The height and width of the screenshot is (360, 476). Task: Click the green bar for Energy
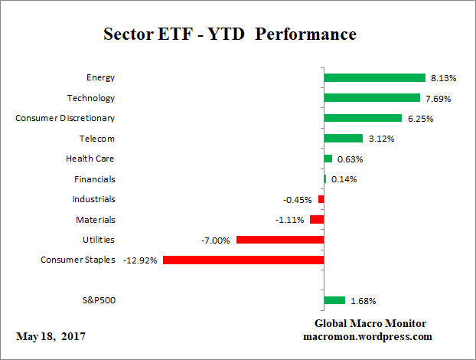(x=374, y=77)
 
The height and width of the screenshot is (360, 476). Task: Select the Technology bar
(x=372, y=98)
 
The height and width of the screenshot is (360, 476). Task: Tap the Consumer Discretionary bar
(x=363, y=118)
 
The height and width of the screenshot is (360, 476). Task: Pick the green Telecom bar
(x=343, y=139)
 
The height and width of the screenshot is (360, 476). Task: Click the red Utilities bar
(x=280, y=240)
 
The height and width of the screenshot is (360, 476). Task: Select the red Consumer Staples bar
(x=243, y=260)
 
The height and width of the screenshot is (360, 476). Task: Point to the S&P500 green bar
(x=334, y=300)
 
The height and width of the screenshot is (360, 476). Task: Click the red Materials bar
(x=317, y=220)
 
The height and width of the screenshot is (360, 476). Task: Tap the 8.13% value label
(x=444, y=78)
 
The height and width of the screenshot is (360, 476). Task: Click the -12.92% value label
(x=140, y=260)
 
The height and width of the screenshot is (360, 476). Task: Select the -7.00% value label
(x=215, y=241)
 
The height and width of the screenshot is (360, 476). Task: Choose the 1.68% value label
(x=363, y=301)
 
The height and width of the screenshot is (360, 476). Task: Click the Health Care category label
(x=91, y=159)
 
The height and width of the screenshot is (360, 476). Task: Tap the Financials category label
(x=95, y=179)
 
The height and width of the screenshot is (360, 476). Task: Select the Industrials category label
(x=94, y=199)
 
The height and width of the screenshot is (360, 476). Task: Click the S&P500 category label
(x=98, y=300)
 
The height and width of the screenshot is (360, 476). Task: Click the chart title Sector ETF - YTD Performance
(x=230, y=34)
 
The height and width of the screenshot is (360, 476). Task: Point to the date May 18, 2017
(x=51, y=337)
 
